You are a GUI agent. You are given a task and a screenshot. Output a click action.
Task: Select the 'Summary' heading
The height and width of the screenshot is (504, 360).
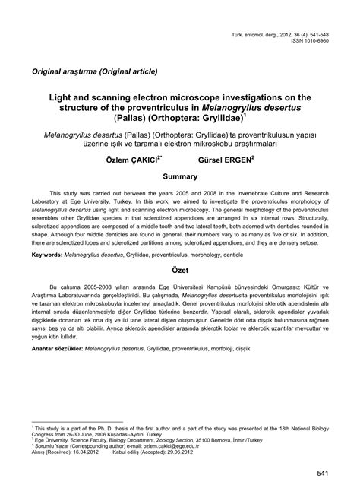179,176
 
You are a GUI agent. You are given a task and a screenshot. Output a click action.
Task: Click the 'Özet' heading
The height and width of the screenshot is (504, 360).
179,293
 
